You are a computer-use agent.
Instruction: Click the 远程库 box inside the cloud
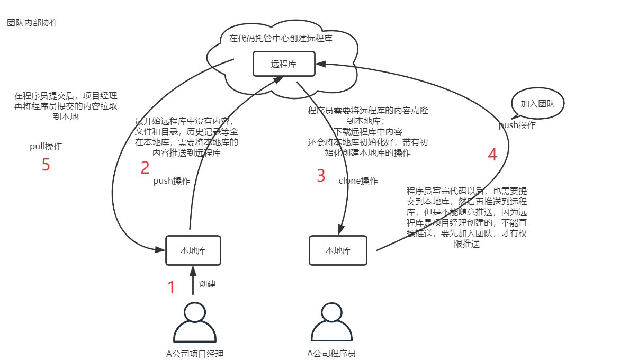pos(284,64)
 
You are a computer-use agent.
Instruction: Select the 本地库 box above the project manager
pos(193,250)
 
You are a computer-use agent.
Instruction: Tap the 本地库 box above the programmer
pos(338,250)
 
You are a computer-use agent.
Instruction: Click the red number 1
pos(171,287)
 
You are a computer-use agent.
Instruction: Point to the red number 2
pos(145,168)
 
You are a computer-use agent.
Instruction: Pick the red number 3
pos(321,176)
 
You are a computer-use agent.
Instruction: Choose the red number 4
pos(492,155)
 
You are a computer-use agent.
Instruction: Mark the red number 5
pos(46,165)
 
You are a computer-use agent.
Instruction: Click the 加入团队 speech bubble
pos(537,103)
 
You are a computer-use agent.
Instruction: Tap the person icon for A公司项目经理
pos(195,322)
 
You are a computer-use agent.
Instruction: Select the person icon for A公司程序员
pos(331,322)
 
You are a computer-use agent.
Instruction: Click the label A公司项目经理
pos(195,354)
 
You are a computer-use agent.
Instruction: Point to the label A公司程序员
pos(331,353)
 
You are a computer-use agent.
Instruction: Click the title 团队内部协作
pos(33,23)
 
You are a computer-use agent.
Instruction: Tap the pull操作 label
pos(46,147)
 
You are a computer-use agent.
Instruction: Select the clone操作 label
pos(358,181)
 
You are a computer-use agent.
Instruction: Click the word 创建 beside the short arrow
pos(207,284)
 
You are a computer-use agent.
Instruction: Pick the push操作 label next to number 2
pos(172,181)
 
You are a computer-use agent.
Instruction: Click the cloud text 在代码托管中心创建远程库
pos(281,38)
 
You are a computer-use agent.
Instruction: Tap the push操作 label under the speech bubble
pos(517,125)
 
